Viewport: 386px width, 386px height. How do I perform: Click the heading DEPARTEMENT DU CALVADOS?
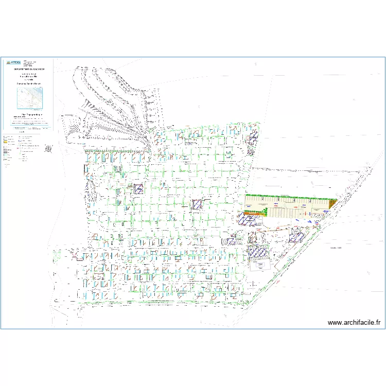click(x=29, y=68)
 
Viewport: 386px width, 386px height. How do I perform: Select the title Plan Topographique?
click(x=29, y=114)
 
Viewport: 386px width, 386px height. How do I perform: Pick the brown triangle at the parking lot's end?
click(x=332, y=204)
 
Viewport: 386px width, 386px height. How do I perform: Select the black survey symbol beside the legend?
click(x=48, y=148)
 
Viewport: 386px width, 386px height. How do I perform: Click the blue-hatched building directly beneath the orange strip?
click(x=249, y=220)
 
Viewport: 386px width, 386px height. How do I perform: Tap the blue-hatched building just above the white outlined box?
click(x=257, y=252)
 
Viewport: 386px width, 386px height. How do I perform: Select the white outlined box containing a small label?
click(x=260, y=265)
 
